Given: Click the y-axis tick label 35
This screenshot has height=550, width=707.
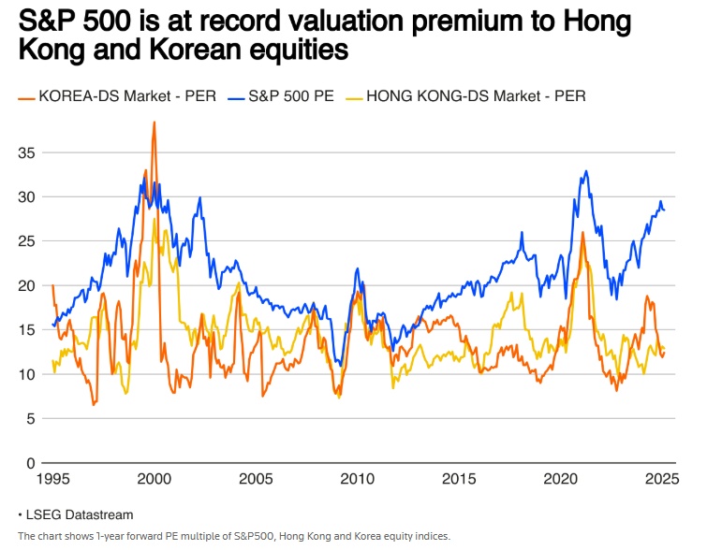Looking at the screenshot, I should [x=26, y=152].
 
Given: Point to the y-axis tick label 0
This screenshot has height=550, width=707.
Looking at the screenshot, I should [x=30, y=463].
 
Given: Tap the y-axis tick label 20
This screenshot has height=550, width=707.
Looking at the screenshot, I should [x=26, y=285].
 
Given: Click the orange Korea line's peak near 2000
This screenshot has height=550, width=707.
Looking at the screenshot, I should [x=154, y=123].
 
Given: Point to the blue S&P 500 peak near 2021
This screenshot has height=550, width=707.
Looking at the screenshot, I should [x=586, y=171].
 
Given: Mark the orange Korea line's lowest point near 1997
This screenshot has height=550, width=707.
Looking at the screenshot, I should [x=94, y=404].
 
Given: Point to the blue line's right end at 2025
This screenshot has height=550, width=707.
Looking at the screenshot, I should [x=665, y=210].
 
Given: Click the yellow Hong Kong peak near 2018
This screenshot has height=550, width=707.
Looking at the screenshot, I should [x=511, y=294].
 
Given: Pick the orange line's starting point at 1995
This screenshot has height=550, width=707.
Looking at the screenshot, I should [x=52, y=285].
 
